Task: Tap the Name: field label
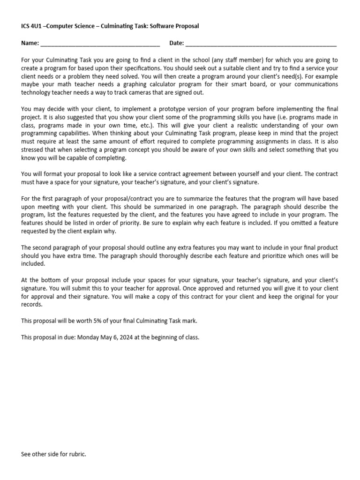click(30, 43)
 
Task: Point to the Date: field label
click(177, 43)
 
